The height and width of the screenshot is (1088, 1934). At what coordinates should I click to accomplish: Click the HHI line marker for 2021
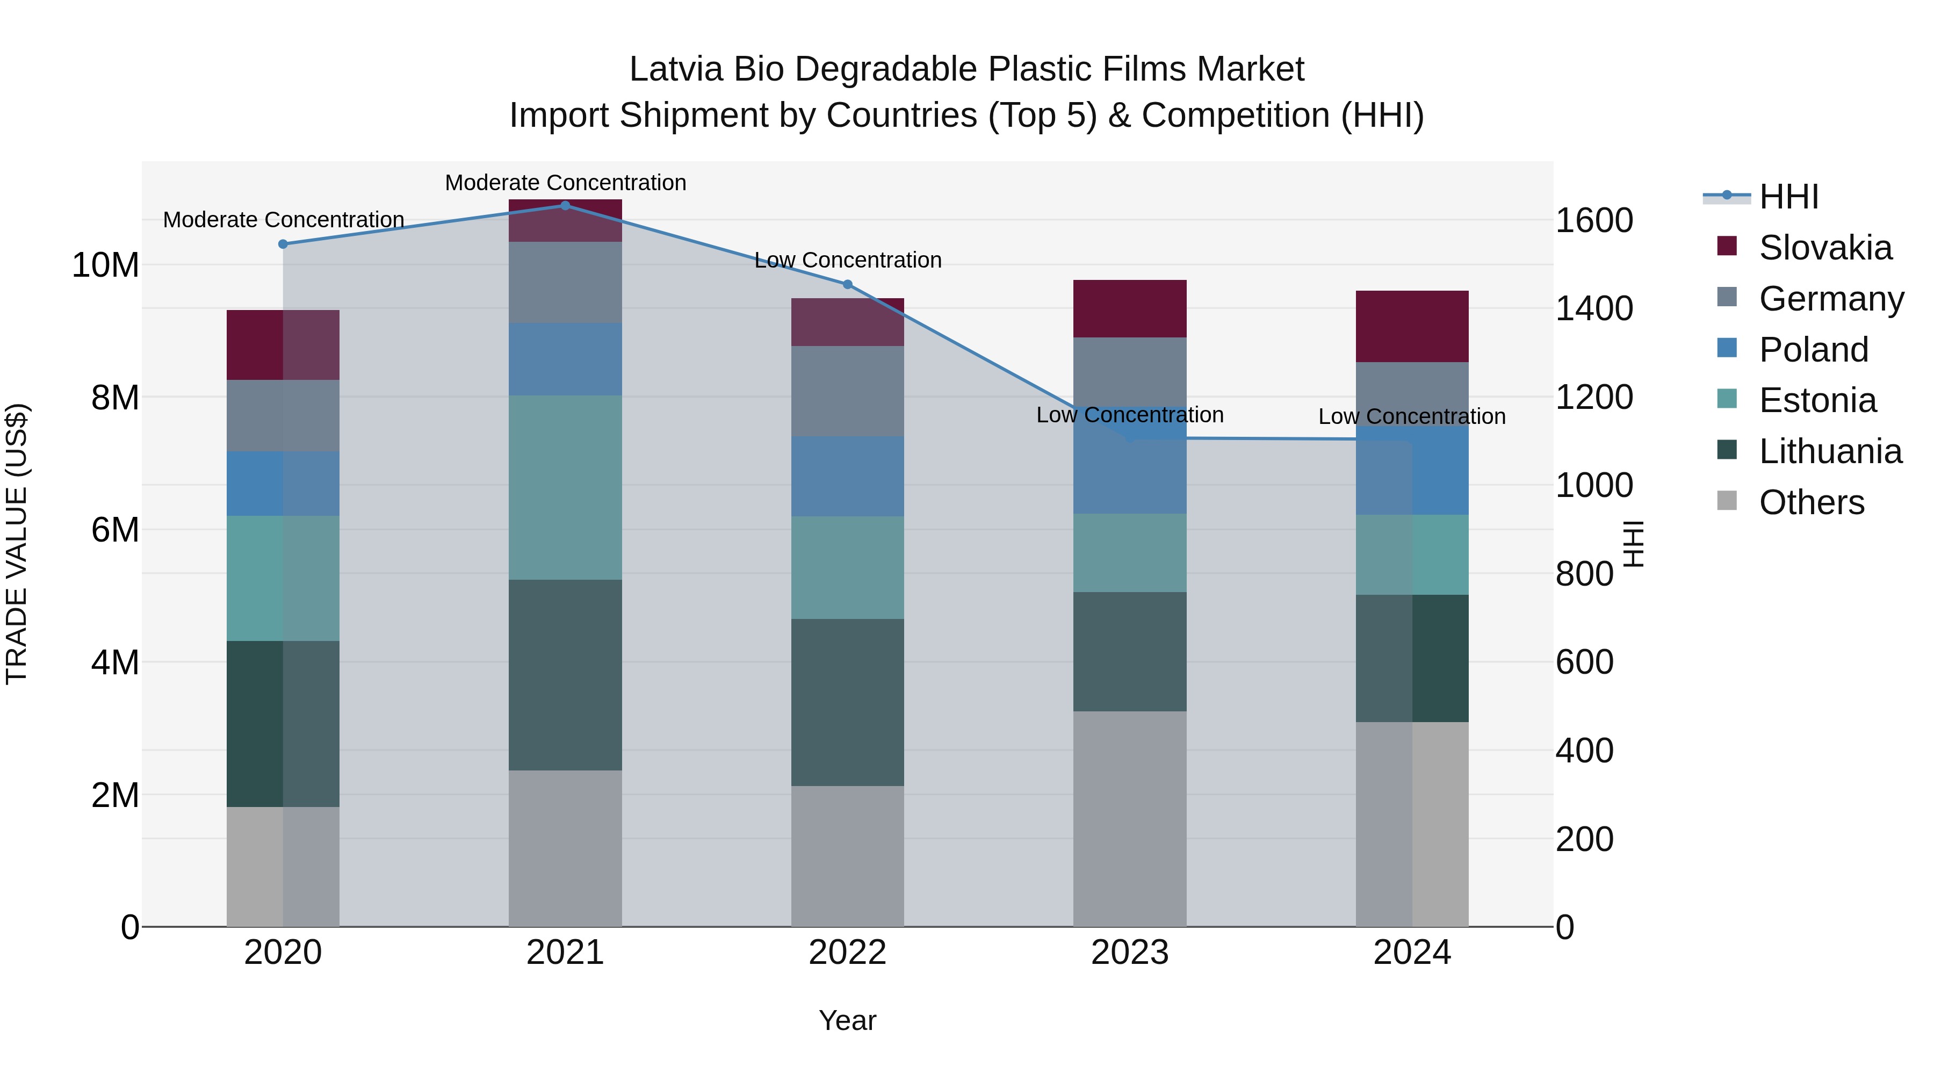(x=565, y=205)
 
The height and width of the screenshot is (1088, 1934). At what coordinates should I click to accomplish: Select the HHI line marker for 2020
(x=283, y=244)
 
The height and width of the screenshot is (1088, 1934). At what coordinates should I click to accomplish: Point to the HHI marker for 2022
(x=848, y=285)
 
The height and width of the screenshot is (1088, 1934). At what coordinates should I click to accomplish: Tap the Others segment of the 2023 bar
(x=1129, y=818)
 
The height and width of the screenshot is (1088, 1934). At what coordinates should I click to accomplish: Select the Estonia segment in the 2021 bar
(x=565, y=487)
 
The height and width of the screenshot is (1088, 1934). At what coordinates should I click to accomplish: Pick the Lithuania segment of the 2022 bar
(x=848, y=702)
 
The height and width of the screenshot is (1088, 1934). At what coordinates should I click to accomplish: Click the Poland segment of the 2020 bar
(x=283, y=483)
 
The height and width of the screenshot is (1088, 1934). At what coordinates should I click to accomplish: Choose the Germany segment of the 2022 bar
(x=848, y=391)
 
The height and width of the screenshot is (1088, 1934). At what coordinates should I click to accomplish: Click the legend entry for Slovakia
(x=1824, y=248)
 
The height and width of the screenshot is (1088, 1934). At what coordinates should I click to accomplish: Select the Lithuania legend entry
(x=1830, y=451)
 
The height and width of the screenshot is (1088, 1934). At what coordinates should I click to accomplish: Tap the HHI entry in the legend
(x=1788, y=197)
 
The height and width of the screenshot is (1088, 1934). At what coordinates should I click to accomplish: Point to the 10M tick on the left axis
(x=105, y=265)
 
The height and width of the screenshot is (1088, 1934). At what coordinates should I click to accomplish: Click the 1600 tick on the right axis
(x=1593, y=221)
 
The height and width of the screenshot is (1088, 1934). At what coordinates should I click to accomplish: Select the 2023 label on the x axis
(x=1129, y=953)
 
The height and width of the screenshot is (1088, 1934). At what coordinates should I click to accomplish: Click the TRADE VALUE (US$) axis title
(x=17, y=544)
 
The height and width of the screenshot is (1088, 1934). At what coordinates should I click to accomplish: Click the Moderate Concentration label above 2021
(x=565, y=183)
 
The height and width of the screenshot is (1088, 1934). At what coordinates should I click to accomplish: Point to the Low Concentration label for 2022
(x=848, y=260)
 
